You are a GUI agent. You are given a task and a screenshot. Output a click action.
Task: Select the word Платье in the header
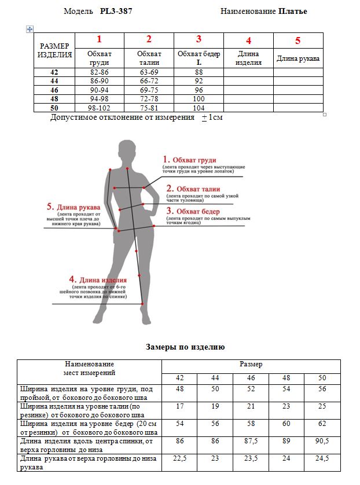(292, 11)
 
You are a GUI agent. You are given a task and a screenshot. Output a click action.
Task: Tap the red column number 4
(248, 41)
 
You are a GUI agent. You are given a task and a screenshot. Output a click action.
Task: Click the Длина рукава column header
(298, 58)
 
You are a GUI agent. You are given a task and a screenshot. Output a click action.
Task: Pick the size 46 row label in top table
(54, 90)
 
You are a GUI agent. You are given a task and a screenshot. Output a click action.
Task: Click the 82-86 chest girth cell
(99, 72)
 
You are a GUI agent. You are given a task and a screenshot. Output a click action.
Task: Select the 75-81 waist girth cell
(149, 108)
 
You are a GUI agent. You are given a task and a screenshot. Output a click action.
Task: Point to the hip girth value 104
(199, 108)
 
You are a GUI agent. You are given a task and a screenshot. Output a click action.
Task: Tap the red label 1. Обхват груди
(189, 160)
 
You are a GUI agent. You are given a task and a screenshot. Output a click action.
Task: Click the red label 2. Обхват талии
(193, 188)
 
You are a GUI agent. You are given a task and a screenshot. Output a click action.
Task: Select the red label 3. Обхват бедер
(193, 211)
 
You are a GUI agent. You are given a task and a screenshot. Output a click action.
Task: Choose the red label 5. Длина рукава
(73, 207)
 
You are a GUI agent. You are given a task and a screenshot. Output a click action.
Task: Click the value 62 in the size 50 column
(322, 424)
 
